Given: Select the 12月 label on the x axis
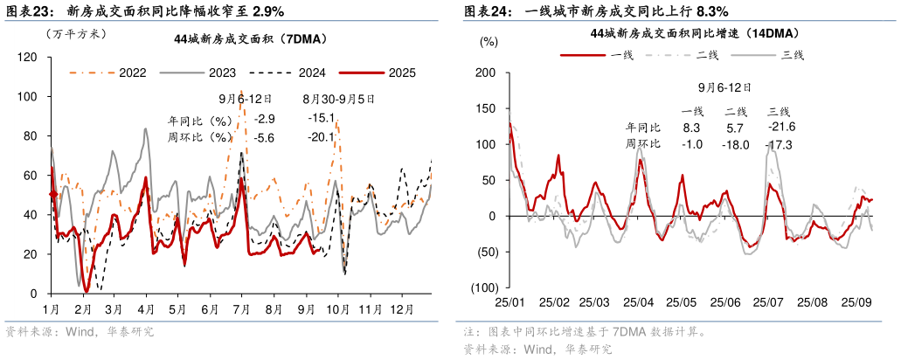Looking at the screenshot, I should [x=402, y=310].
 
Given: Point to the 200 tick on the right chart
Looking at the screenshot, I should [x=487, y=73].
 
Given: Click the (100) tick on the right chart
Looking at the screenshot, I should [x=484, y=287].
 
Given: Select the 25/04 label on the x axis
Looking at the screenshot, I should [x=639, y=302].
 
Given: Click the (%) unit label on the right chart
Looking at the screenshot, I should [x=489, y=40].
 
